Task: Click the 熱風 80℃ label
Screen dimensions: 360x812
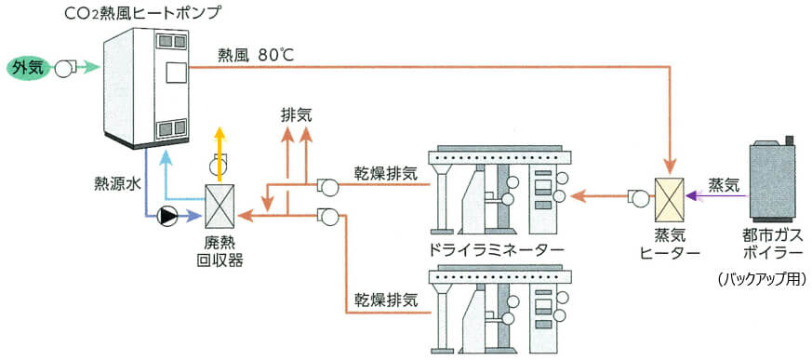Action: [255, 54]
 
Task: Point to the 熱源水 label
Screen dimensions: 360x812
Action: [116, 184]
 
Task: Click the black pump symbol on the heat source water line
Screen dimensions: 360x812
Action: [168, 216]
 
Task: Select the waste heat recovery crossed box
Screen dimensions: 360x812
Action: [220, 204]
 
